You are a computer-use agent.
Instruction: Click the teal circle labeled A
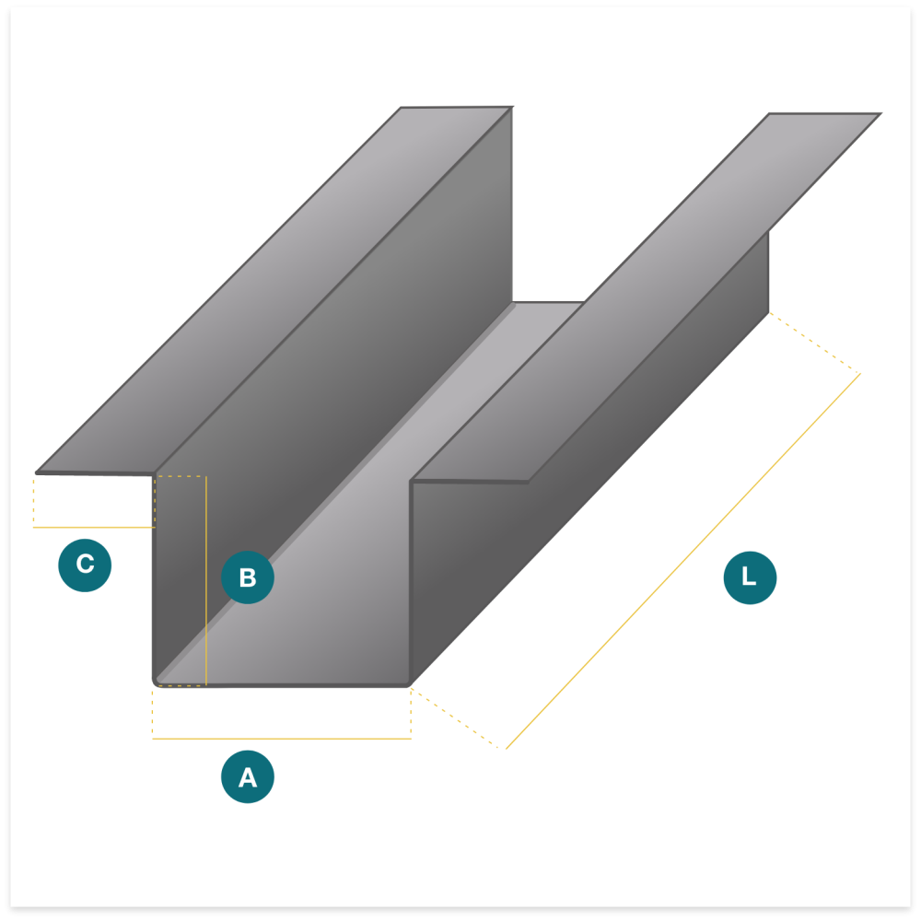[247, 776]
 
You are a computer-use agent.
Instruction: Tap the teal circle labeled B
[247, 577]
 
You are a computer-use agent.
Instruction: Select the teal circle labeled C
[85, 565]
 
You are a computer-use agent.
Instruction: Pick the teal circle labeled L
[750, 577]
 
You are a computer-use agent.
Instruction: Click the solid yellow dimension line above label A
[282, 739]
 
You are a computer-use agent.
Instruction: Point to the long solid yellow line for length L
[683, 561]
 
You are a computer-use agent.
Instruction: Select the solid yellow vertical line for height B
[206, 580]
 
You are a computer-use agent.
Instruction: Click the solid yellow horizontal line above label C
[94, 528]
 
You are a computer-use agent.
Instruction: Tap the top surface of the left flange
[274, 289]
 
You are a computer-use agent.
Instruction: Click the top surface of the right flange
[647, 297]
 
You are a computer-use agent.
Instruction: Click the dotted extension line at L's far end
[815, 343]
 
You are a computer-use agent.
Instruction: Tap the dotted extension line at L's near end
[455, 717]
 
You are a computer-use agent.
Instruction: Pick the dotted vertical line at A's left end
[152, 713]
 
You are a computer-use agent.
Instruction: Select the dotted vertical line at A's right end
[411, 713]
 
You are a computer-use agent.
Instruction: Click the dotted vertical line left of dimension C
[33, 501]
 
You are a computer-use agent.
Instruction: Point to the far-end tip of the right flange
[881, 113]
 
